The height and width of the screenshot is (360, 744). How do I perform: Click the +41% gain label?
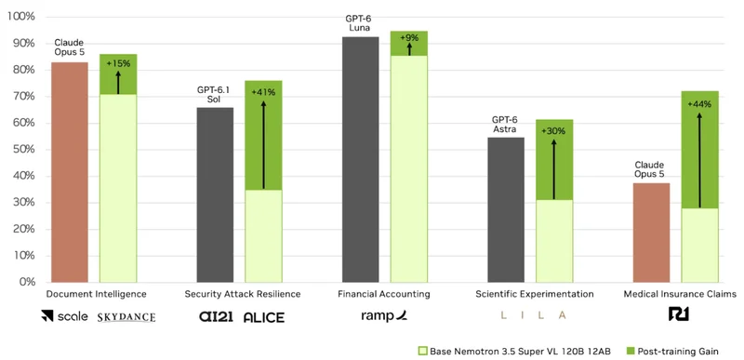click(x=263, y=92)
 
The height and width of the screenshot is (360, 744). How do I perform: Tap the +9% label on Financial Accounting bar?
click(x=409, y=37)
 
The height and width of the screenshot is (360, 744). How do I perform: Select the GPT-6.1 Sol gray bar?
click(x=215, y=195)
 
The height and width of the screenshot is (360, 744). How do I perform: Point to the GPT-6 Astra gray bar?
click(x=506, y=209)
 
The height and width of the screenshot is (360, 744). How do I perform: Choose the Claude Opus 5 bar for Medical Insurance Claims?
click(x=652, y=233)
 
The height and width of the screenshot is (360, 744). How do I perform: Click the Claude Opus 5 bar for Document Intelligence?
click(x=70, y=172)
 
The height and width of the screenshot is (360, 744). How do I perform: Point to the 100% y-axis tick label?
click(x=21, y=17)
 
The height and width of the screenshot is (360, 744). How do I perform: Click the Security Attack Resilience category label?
click(x=243, y=294)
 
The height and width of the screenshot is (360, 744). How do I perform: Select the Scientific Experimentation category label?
click(x=535, y=294)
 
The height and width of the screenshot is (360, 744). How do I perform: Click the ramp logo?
click(x=384, y=316)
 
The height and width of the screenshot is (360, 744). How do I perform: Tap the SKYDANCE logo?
click(x=126, y=317)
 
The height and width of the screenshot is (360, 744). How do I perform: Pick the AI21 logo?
click(x=216, y=316)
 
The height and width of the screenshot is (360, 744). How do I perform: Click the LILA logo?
click(x=535, y=315)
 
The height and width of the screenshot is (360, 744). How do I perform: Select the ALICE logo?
click(x=264, y=317)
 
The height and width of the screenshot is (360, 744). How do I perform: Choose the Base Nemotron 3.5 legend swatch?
click(x=423, y=352)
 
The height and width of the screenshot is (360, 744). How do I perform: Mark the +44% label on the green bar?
click(x=700, y=104)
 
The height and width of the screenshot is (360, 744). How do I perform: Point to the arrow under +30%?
click(x=553, y=169)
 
